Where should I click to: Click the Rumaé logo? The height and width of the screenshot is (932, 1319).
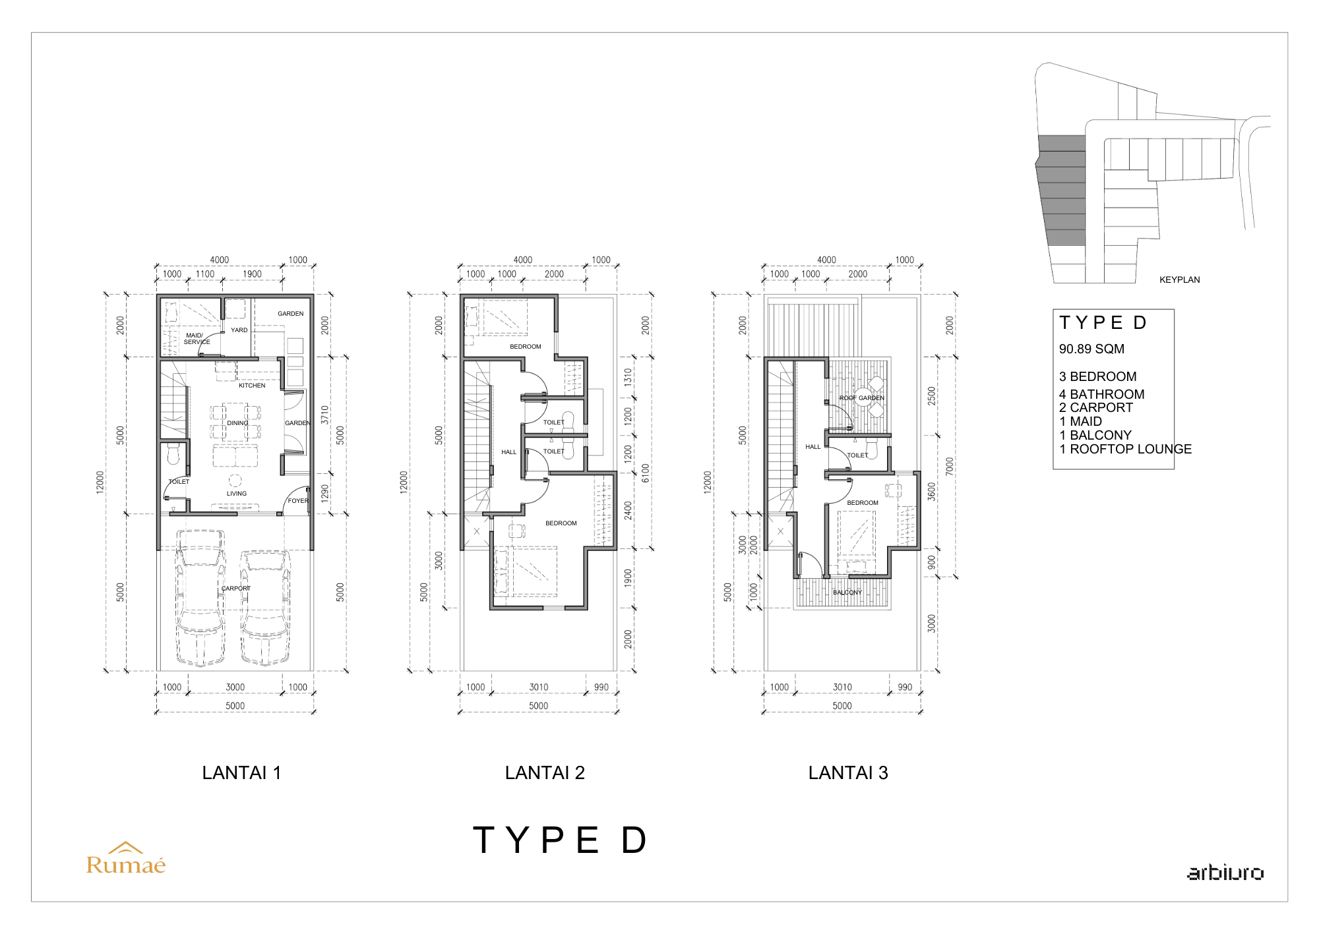[x=126, y=858]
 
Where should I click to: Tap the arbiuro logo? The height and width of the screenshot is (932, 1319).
[x=1225, y=873]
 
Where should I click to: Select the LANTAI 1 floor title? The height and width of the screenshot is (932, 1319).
[x=241, y=772]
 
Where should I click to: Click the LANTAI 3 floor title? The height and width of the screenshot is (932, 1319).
[x=848, y=772]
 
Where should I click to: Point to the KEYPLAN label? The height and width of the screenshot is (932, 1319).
[x=1180, y=279]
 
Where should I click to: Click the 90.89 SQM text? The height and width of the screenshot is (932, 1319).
[x=1091, y=349]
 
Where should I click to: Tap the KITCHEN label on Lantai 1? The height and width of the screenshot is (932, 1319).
[x=252, y=385]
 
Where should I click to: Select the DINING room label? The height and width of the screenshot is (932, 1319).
[x=238, y=423]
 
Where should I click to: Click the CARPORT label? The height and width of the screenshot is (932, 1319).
[x=236, y=588]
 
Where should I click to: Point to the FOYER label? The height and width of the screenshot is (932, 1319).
[x=298, y=501]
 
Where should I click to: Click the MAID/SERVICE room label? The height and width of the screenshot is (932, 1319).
[x=197, y=339]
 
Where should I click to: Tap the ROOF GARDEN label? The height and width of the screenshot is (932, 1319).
[x=861, y=398]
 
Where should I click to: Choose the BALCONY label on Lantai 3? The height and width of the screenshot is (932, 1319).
[x=847, y=592]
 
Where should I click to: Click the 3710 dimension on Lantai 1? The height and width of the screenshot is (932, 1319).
[x=324, y=415]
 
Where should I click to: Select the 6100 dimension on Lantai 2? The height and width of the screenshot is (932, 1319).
[x=646, y=473]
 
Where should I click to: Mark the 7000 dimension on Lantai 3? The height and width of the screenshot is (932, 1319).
[x=950, y=466]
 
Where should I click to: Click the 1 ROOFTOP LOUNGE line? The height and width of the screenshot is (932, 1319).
[x=1125, y=449]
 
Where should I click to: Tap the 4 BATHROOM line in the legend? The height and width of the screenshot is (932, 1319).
[x=1102, y=394]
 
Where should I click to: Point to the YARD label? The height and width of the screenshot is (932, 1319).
[x=239, y=330]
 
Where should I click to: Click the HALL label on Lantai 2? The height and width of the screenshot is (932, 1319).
[x=509, y=452]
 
